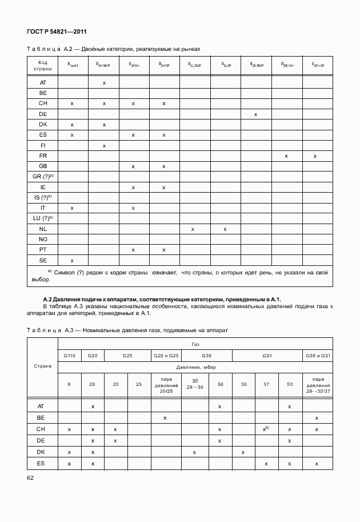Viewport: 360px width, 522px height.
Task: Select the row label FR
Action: click(x=43, y=156)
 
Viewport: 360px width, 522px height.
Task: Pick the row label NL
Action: click(x=43, y=229)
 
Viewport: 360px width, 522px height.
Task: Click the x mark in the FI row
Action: click(x=104, y=146)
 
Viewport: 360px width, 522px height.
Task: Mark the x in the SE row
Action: click(x=72, y=260)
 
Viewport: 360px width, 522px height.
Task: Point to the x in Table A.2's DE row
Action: click(x=255, y=114)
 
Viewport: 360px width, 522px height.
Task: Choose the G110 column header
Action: click(x=69, y=356)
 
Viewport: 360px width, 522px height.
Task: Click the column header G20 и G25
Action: click(x=165, y=356)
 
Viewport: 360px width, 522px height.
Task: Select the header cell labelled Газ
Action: click(x=195, y=345)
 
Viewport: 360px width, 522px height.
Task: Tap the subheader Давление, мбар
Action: click(x=195, y=367)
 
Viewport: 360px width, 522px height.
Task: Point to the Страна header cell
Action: click(x=43, y=366)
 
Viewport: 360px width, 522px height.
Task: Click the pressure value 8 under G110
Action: click(x=69, y=384)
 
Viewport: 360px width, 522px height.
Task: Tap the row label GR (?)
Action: click(x=43, y=177)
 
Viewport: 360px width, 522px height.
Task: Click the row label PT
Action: click(x=43, y=250)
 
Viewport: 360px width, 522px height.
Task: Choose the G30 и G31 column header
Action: click(x=317, y=356)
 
